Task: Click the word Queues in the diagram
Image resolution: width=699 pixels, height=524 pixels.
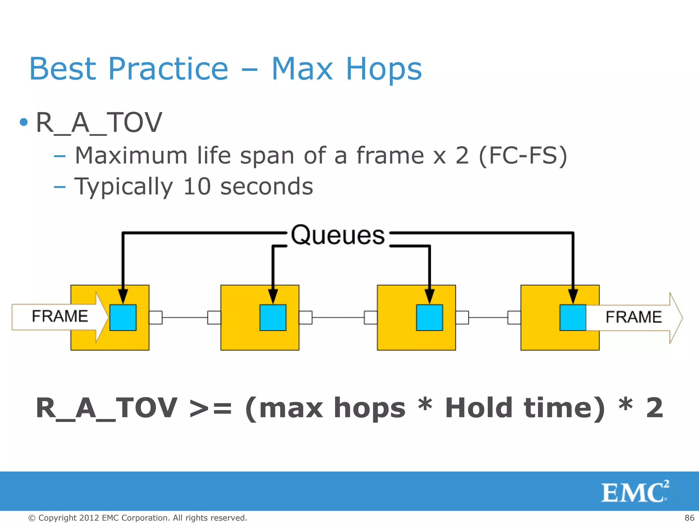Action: point(338,235)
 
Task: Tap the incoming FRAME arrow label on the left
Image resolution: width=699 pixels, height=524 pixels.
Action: point(60,316)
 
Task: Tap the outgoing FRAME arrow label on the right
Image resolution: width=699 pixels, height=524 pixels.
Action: point(633,317)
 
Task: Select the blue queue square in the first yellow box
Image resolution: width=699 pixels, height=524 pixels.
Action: point(123,318)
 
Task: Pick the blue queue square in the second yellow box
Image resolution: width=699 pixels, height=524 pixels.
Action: point(273,318)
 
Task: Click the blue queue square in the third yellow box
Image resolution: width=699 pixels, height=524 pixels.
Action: point(429,318)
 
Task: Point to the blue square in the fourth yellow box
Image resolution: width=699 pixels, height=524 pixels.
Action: point(573,318)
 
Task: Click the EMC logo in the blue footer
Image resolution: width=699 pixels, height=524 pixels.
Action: point(634,492)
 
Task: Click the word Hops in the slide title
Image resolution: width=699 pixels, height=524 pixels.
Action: point(384,69)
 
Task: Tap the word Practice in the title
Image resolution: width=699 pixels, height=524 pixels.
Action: point(168,69)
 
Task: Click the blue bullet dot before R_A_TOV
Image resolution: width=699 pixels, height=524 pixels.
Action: point(24,122)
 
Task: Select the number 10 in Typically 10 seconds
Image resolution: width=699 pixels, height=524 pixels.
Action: point(197,187)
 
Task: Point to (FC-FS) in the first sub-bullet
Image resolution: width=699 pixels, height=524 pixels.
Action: point(523,156)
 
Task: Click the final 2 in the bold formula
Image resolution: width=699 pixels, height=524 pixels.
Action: point(654,408)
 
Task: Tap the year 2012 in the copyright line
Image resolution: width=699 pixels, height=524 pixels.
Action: point(89,518)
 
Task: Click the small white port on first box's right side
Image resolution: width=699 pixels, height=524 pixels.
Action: point(156,318)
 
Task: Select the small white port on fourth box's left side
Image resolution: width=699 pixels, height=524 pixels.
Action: point(514,318)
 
